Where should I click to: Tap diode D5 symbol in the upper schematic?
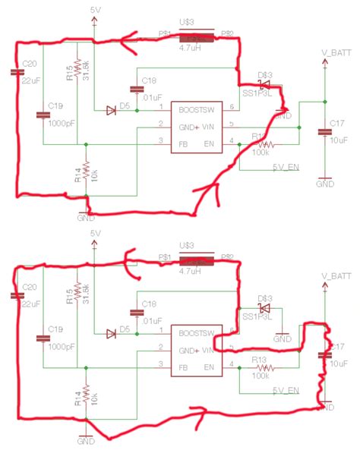tap(111, 110)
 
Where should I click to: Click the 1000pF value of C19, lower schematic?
tap(61, 340)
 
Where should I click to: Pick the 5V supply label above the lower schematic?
tap(96, 232)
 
